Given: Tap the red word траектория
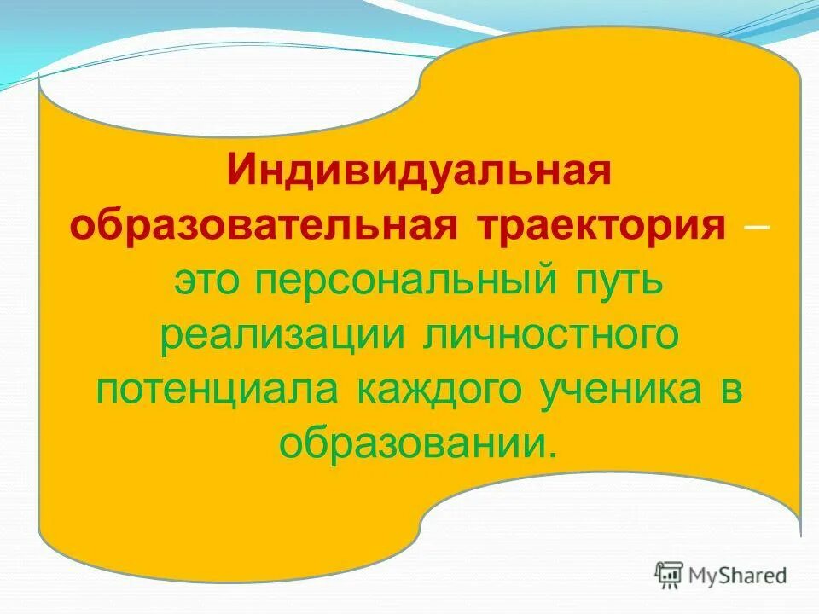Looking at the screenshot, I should (x=597, y=229).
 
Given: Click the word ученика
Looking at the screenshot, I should (x=622, y=391).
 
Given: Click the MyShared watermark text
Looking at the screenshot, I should (x=738, y=576).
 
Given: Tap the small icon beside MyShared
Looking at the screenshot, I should (x=670, y=575).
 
